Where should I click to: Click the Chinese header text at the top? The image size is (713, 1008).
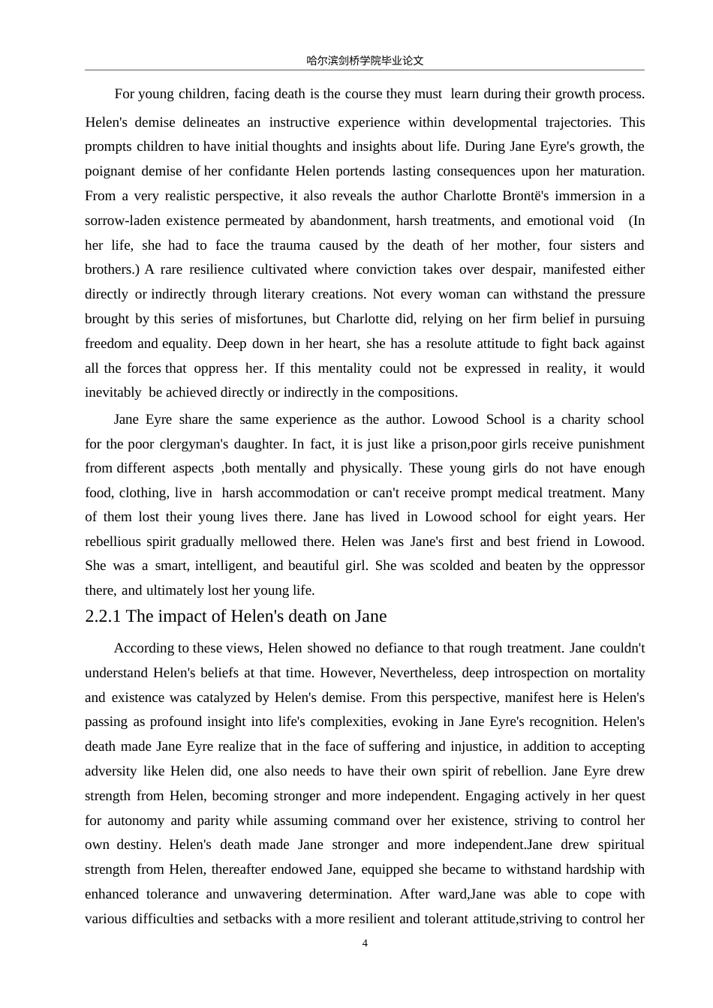[365, 61]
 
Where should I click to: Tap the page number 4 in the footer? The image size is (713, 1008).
[365, 943]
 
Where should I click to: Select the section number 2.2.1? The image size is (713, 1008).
[104, 616]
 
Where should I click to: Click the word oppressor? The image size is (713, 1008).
[609, 565]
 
